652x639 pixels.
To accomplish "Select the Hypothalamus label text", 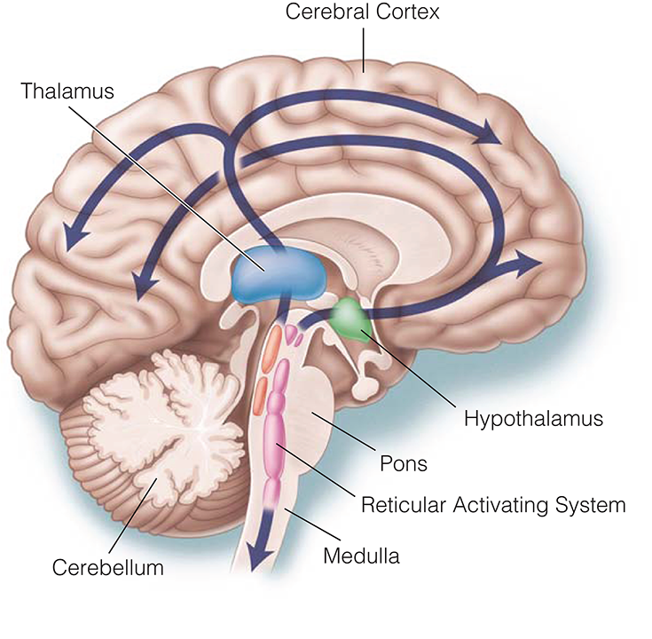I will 533,417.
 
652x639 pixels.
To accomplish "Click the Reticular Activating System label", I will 493,505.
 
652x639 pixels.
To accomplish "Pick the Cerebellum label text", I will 107,567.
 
